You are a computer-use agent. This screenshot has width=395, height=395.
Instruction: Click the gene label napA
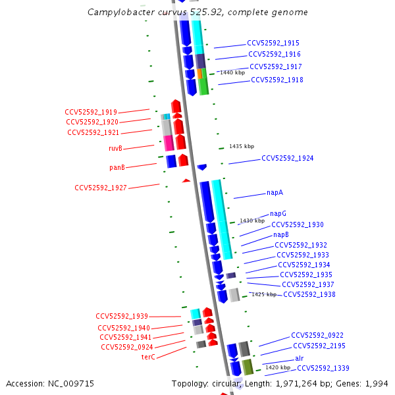tap(275, 193)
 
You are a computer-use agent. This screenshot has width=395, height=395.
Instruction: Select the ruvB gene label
tap(115, 148)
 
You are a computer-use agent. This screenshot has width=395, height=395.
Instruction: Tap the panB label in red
tap(117, 167)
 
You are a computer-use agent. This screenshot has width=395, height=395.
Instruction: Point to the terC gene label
tap(148, 357)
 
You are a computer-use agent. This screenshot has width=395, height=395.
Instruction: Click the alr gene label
tap(300, 358)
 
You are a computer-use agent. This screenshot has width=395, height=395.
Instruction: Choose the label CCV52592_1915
tap(273, 43)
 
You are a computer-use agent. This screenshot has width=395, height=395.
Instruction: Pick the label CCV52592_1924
tap(287, 159)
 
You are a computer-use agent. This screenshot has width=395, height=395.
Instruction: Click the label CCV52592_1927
tap(101, 188)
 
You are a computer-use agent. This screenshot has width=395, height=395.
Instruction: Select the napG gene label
tap(278, 214)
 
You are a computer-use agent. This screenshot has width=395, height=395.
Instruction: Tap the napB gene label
tap(281, 234)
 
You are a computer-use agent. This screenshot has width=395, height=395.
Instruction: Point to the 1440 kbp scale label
tap(232, 72)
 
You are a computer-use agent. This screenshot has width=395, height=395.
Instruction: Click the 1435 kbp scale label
tap(241, 146)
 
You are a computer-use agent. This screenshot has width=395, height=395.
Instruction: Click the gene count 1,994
tap(376, 383)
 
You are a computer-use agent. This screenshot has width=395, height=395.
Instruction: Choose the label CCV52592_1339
tap(323, 368)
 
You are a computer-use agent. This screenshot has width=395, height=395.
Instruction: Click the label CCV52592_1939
tap(122, 316)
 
